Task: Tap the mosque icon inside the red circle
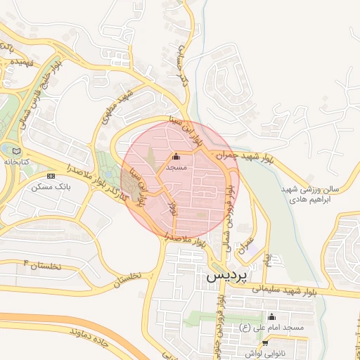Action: click(x=176, y=157)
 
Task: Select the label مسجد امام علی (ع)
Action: click(x=271, y=328)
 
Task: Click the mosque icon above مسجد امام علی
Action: click(x=272, y=316)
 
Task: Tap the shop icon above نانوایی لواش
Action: click(x=264, y=343)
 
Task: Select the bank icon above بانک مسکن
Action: click(x=50, y=176)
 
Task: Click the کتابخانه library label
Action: click(x=17, y=162)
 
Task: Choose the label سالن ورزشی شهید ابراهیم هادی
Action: click(x=310, y=194)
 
